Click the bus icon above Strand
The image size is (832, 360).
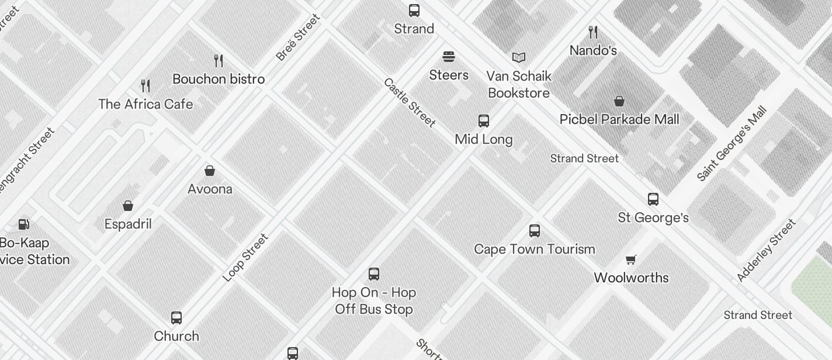(414, 10)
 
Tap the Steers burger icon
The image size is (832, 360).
(449, 57)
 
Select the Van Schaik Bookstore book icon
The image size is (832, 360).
(519, 57)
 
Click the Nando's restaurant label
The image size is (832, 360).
(593, 50)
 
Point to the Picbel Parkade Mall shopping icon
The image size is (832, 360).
(619, 101)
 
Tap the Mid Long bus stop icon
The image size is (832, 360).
(484, 121)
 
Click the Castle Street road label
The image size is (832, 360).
(410, 102)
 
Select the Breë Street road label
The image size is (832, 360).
(298, 37)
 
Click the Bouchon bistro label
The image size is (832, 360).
(219, 79)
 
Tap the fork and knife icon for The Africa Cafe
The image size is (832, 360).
(145, 86)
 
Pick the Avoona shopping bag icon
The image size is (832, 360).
(210, 171)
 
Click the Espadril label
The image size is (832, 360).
(128, 224)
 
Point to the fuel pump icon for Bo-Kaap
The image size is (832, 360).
(24, 224)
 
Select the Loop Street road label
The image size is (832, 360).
(245, 257)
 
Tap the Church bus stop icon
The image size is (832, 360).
(176, 317)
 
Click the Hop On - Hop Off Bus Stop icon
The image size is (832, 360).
(374, 274)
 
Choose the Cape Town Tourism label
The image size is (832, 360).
(535, 249)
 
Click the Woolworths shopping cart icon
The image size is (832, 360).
(631, 259)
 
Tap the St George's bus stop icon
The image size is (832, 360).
(653, 199)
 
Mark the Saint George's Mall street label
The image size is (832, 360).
(732, 143)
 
